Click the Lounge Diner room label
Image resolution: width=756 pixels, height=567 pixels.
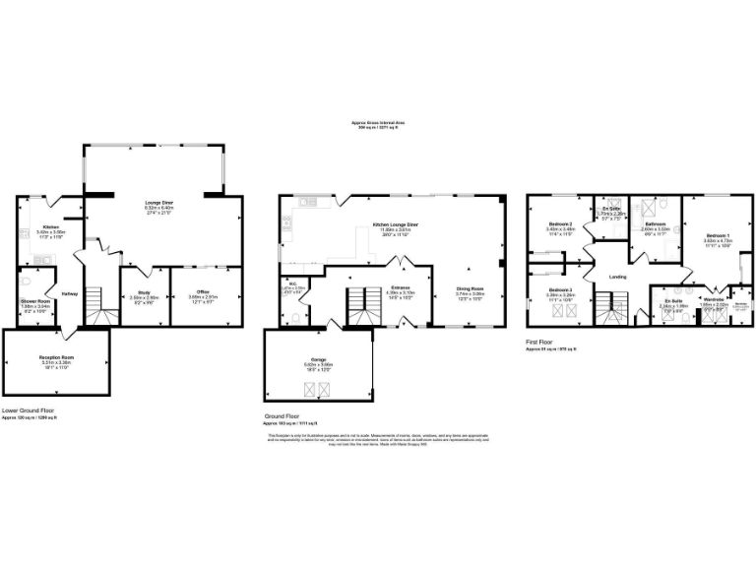(158, 203)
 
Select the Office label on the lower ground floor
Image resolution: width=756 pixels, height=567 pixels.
(203, 290)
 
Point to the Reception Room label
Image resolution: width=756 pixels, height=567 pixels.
(58, 357)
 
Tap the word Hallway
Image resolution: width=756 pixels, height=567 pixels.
(70, 293)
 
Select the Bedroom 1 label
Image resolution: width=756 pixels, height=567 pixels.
(718, 237)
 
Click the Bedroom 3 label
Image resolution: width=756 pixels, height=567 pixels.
(559, 289)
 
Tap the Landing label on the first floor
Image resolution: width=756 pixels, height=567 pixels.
(617, 277)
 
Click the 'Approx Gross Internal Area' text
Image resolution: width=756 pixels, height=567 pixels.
(377, 122)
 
